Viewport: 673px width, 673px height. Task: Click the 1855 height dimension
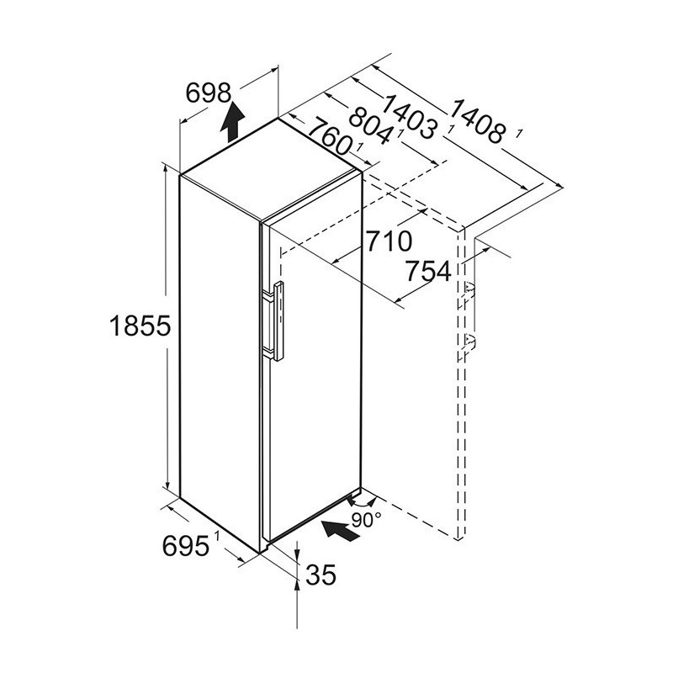pyautogui.click(x=140, y=326)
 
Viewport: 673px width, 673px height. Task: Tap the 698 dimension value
pyautogui.click(x=209, y=93)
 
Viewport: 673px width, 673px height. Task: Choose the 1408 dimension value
pyautogui.click(x=477, y=121)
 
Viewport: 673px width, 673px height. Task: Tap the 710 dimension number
pyautogui.click(x=389, y=241)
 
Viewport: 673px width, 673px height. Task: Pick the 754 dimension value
pyautogui.click(x=429, y=271)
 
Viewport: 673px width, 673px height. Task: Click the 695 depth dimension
pyautogui.click(x=186, y=546)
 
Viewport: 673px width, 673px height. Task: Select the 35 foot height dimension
pyautogui.click(x=321, y=575)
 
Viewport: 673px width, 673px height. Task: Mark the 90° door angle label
pyautogui.click(x=366, y=520)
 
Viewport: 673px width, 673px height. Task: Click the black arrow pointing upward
pyautogui.click(x=232, y=121)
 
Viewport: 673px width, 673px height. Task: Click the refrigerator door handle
pyautogui.click(x=278, y=321)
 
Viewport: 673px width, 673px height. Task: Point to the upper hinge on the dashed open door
pyautogui.click(x=469, y=290)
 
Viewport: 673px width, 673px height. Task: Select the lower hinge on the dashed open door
pyautogui.click(x=469, y=342)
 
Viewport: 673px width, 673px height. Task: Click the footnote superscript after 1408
pyautogui.click(x=519, y=134)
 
